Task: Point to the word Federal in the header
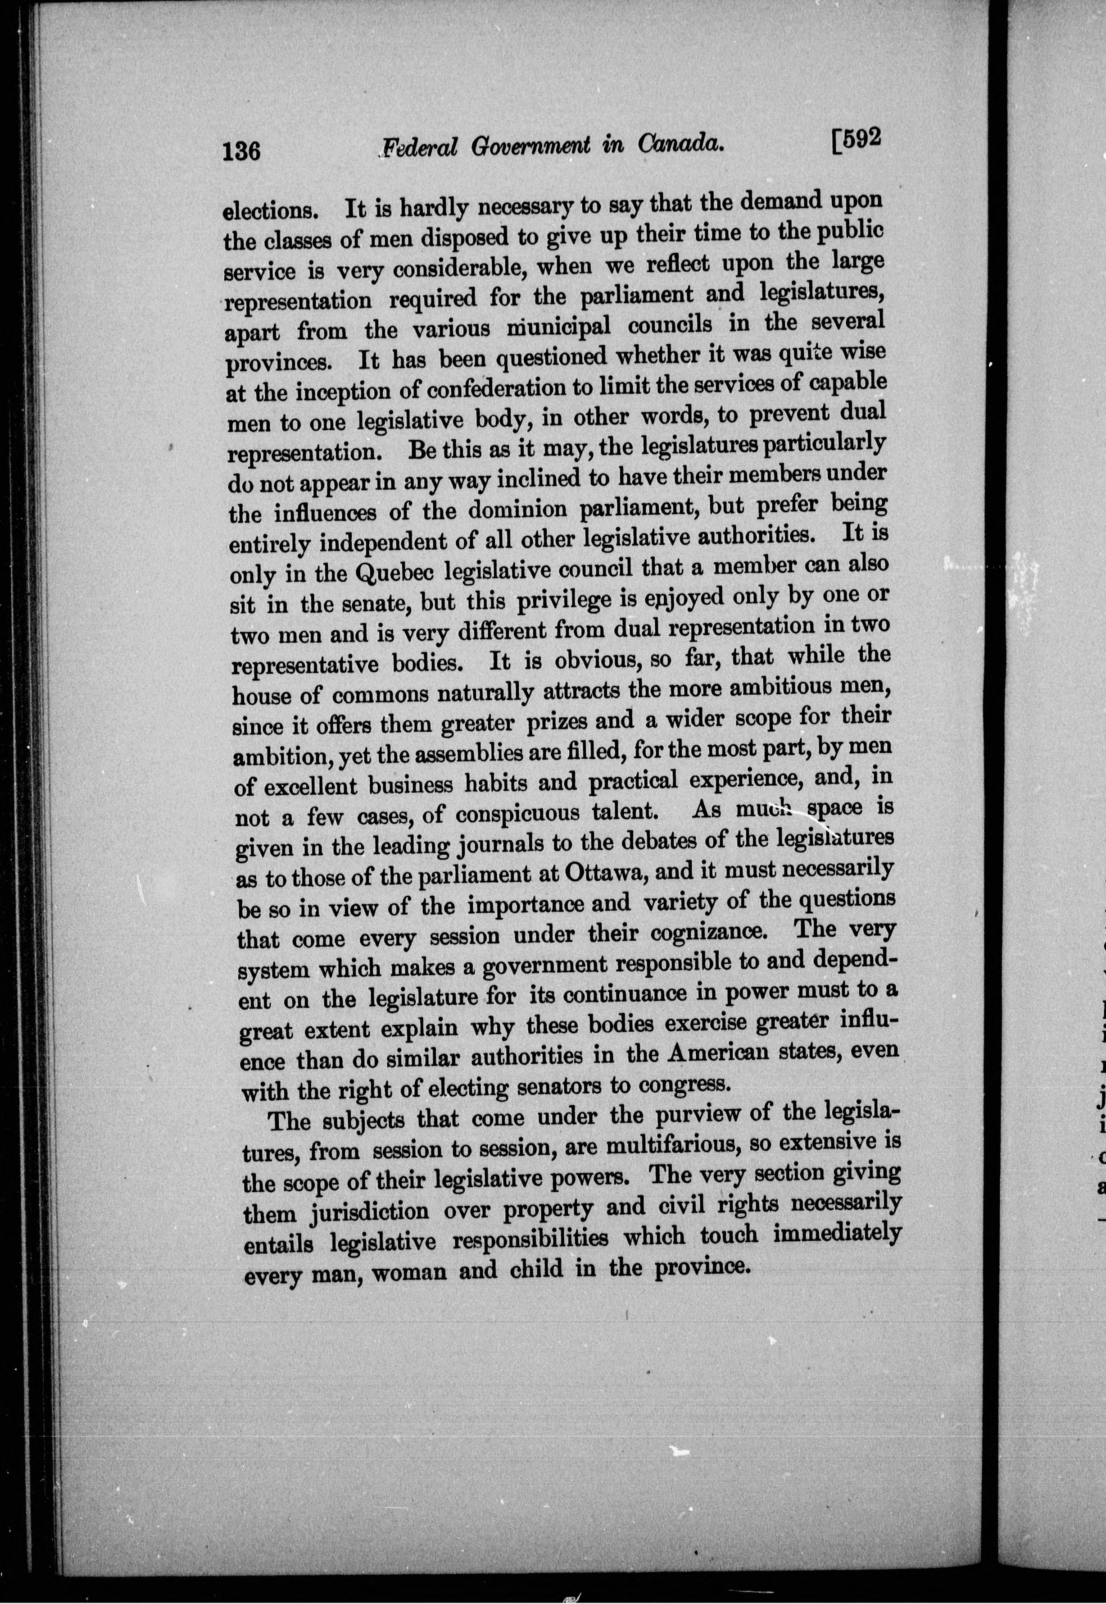pyautogui.click(x=421, y=147)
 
